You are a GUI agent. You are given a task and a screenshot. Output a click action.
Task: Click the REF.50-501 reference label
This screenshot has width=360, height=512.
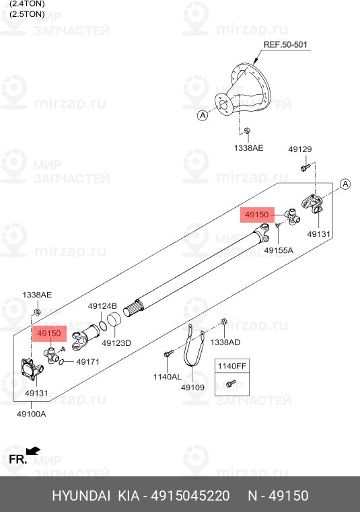(x=285, y=44)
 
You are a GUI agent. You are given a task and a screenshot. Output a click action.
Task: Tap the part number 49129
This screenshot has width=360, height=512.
(x=300, y=149)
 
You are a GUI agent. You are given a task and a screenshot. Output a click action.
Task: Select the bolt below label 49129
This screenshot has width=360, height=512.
(x=305, y=168)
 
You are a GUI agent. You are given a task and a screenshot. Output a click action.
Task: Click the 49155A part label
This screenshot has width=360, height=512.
(x=279, y=250)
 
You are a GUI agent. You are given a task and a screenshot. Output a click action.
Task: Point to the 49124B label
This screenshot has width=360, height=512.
(x=102, y=306)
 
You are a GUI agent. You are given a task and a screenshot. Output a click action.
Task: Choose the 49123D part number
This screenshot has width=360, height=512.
(x=116, y=343)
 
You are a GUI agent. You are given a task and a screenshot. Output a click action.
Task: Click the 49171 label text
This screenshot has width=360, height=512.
(x=87, y=362)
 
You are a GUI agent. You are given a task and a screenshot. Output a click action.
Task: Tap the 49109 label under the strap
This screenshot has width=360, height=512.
(x=192, y=388)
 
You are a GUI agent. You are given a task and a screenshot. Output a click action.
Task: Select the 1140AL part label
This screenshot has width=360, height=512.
(x=168, y=377)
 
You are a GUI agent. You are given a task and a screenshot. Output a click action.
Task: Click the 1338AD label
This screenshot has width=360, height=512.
(x=225, y=342)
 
